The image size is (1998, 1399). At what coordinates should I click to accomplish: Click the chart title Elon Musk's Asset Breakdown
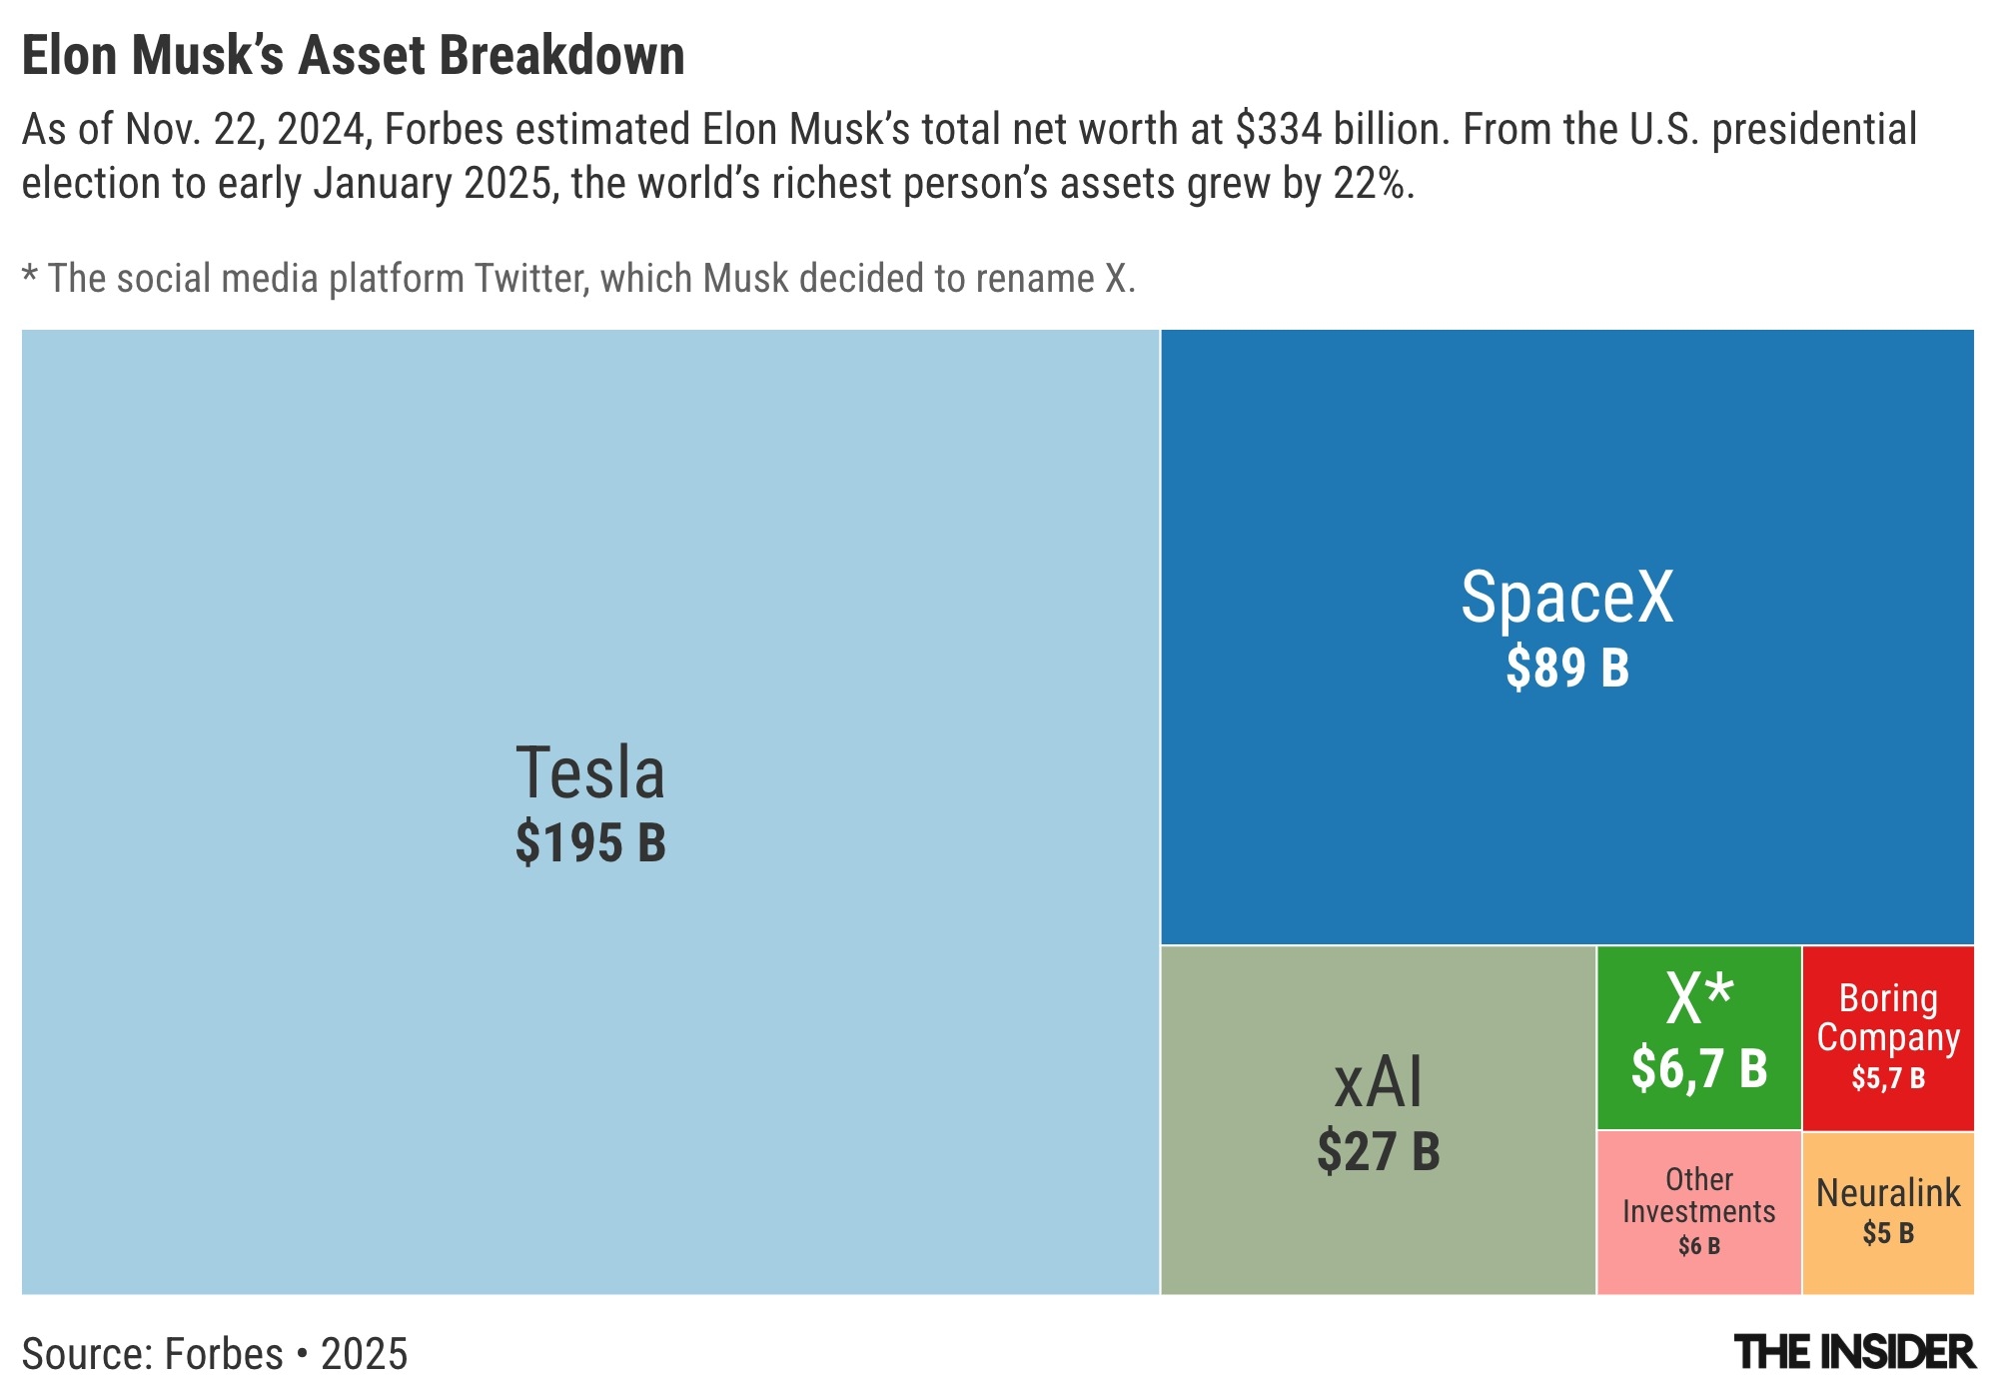point(353,56)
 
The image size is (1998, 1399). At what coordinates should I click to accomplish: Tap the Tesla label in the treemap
point(589,773)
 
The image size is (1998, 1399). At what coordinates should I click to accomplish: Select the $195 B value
point(589,842)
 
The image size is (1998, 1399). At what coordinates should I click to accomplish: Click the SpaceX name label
point(1566,598)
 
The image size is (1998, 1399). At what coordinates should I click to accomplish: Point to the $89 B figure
point(1566,668)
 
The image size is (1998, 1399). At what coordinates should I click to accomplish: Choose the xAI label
point(1378,1082)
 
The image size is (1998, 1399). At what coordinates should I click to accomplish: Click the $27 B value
point(1378,1151)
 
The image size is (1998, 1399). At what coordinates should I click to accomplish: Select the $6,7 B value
point(1699,1068)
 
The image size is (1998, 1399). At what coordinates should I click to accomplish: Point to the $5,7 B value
point(1888,1078)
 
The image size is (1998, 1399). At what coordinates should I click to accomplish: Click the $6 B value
point(1699,1246)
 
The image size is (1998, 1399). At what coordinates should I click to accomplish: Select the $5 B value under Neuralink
point(1888,1233)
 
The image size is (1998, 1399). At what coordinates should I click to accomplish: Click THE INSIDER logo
point(1855,1353)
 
